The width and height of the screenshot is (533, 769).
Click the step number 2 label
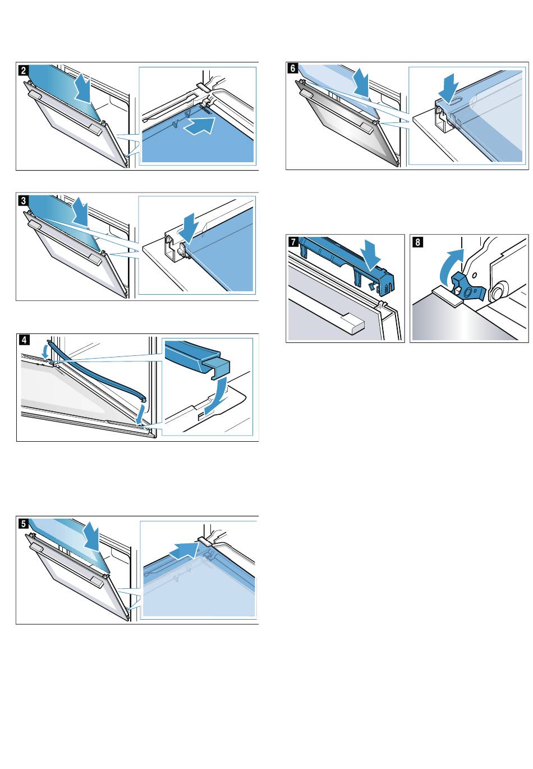tap(23, 70)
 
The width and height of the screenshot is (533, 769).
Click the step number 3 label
tap(23, 200)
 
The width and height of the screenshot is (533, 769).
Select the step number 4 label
tap(24, 340)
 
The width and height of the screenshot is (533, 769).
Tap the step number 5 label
tap(23, 524)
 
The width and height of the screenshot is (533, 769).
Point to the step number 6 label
tap(293, 68)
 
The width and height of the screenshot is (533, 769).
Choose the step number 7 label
tap(293, 242)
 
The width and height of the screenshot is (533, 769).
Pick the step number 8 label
tap(417, 242)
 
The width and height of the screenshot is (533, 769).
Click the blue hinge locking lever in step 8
tap(468, 282)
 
